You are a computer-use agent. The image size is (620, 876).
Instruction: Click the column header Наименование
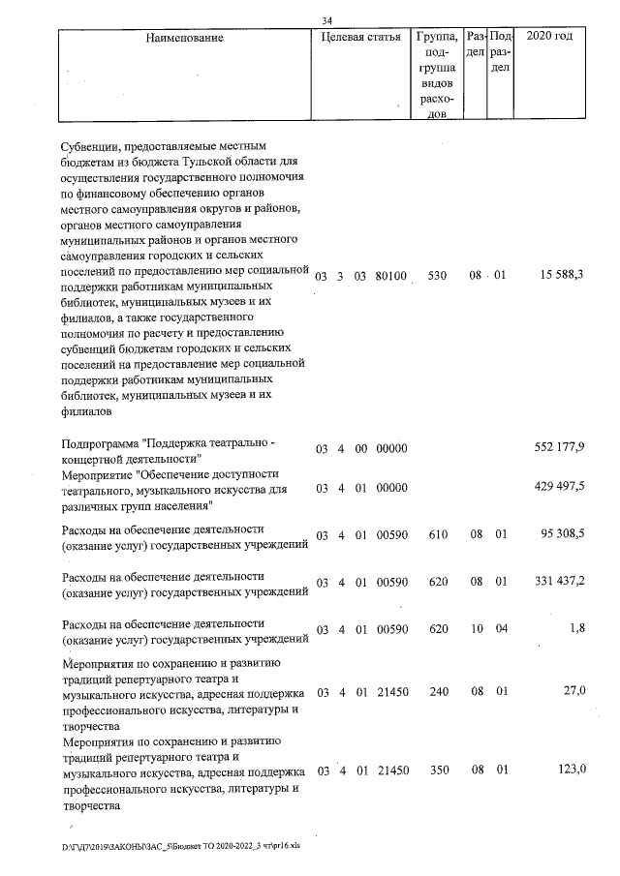(185, 38)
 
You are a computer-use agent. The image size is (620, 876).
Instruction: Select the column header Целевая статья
(360, 38)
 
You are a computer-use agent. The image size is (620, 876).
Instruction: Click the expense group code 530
(437, 276)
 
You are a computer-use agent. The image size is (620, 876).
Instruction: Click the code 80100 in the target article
(391, 277)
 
